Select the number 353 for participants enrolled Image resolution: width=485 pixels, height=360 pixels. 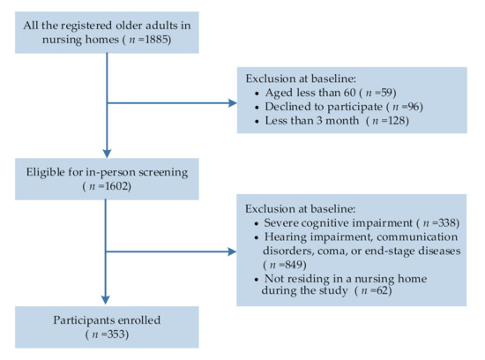pos(116,334)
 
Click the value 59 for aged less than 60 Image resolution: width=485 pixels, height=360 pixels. pos(387,93)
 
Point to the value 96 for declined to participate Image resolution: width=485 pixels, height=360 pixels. pos(414,107)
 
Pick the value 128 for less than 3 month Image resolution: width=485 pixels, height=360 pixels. pos(397,120)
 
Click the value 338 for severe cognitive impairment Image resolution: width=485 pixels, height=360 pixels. pos(447,223)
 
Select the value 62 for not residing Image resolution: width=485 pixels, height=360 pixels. pos(383,290)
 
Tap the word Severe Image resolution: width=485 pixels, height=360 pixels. pos(280,223)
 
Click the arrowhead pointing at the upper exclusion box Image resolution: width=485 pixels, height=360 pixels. pos(232,103)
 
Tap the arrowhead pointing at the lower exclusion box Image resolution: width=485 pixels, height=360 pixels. pos(232,251)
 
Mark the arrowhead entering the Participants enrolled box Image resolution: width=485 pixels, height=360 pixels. pos(106,300)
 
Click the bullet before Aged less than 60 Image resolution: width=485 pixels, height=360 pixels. pos(257,94)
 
